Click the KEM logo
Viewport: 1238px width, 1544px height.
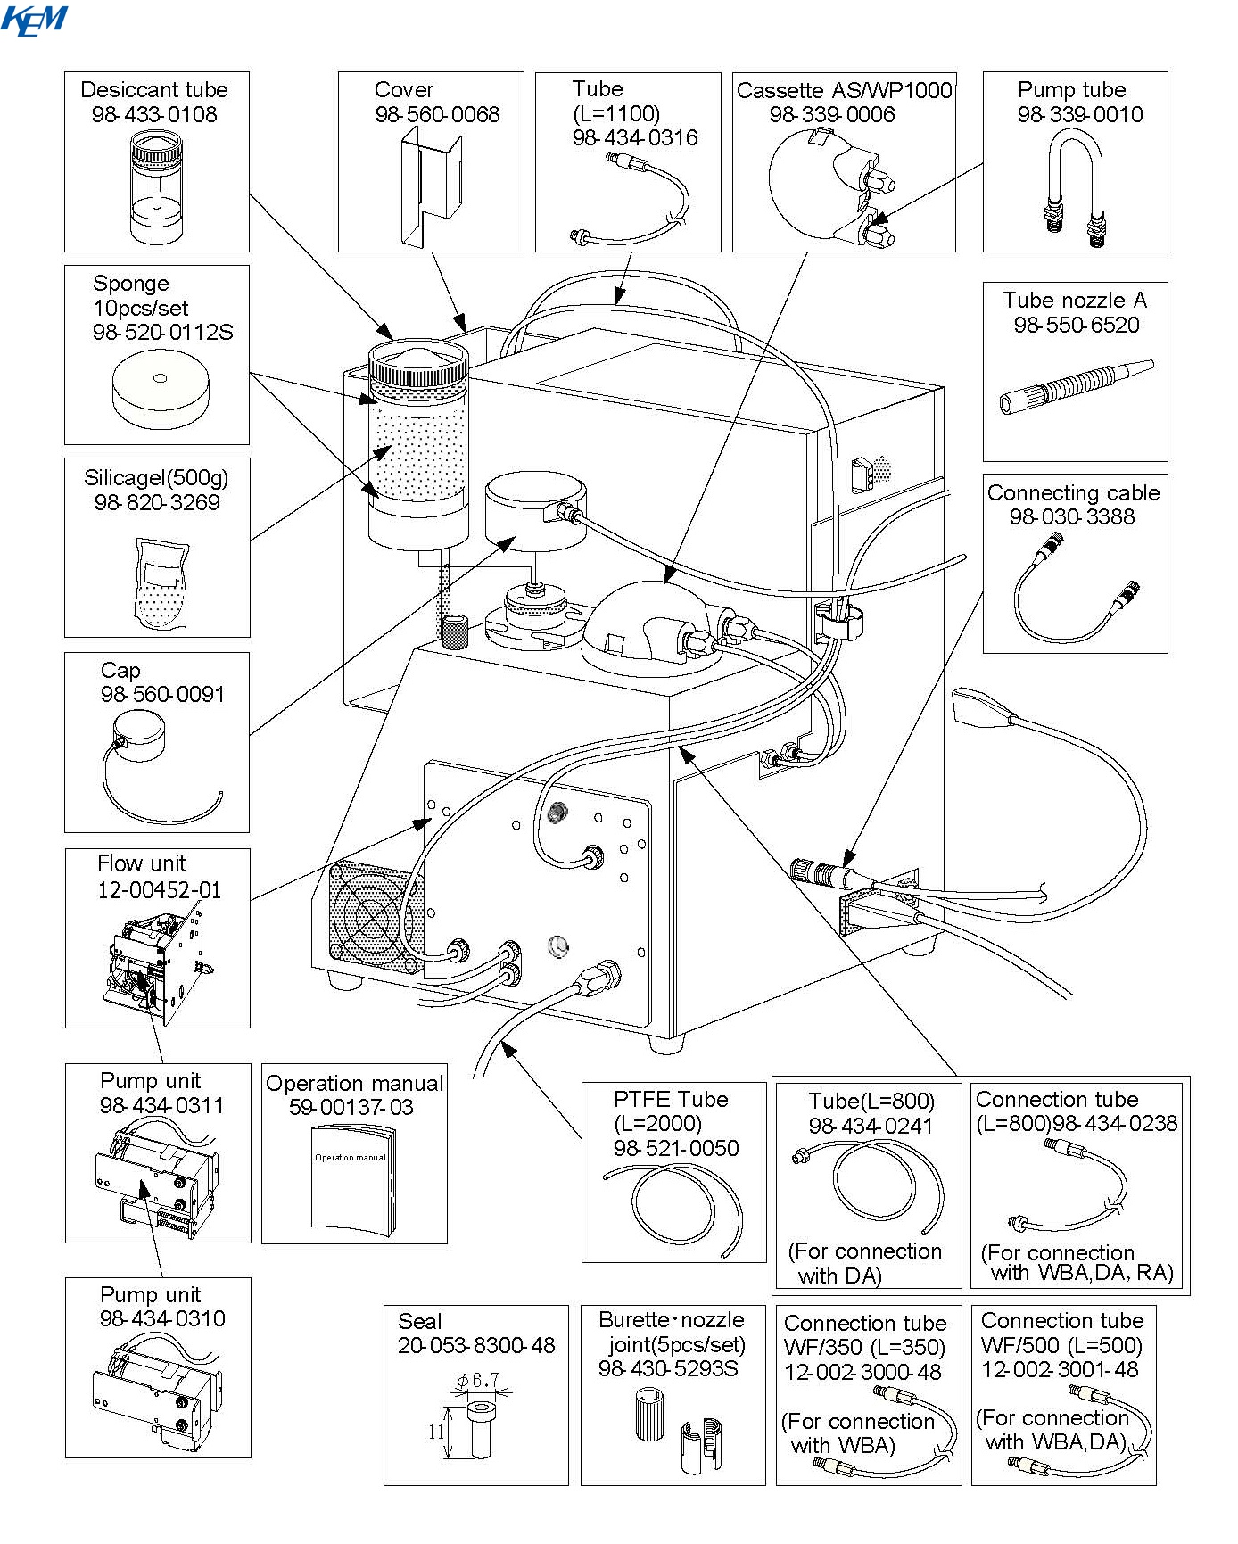point(34,20)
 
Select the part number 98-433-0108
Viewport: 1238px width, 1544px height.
point(154,114)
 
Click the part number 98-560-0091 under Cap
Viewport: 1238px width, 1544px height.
point(162,694)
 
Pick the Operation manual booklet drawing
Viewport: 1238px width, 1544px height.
point(353,1179)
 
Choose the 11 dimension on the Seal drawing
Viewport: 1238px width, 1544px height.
point(435,1433)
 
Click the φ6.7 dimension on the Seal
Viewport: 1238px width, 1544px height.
point(477,1381)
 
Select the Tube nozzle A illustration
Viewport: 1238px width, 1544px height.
point(1076,386)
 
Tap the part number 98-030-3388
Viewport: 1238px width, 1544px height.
point(1072,516)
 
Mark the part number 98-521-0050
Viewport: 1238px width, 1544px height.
point(676,1148)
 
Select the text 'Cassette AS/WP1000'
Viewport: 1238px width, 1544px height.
point(844,90)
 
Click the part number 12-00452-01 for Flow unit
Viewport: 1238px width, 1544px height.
point(159,889)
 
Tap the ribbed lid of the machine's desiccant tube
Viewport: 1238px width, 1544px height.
point(418,363)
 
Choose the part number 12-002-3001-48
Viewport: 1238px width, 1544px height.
point(1060,1369)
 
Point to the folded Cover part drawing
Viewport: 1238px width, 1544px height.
point(431,185)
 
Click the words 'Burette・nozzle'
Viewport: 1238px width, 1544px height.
point(671,1320)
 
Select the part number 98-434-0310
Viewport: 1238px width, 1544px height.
point(162,1318)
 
